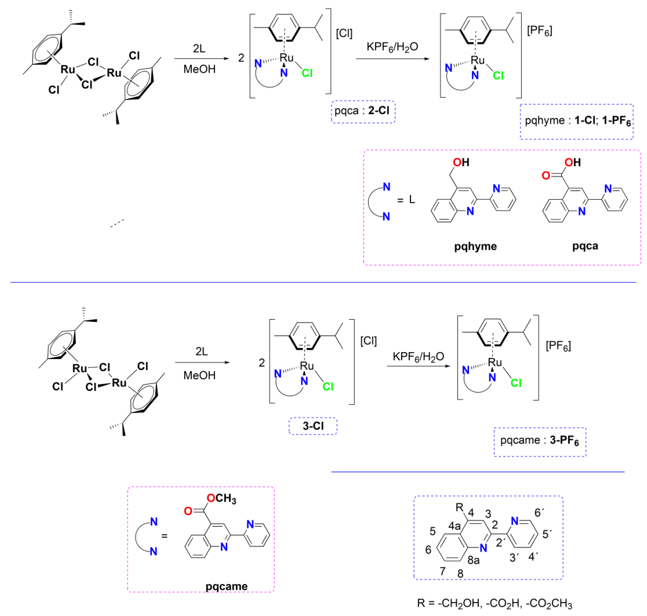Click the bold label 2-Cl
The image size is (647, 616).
click(x=378, y=110)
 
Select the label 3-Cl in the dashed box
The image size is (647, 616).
click(x=313, y=426)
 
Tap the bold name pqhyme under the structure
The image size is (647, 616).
click(x=475, y=246)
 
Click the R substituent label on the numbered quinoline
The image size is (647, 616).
click(x=459, y=507)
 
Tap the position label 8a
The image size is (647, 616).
click(x=473, y=560)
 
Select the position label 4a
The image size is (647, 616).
click(x=455, y=526)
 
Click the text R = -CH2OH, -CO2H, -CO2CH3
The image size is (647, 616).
click(x=495, y=603)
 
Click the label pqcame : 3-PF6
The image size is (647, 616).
click(x=540, y=440)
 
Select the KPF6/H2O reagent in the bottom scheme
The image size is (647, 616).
click(x=418, y=357)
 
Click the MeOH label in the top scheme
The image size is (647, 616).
click(x=199, y=69)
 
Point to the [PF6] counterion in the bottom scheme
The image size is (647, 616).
click(x=558, y=346)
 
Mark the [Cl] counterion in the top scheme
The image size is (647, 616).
click(x=344, y=33)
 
